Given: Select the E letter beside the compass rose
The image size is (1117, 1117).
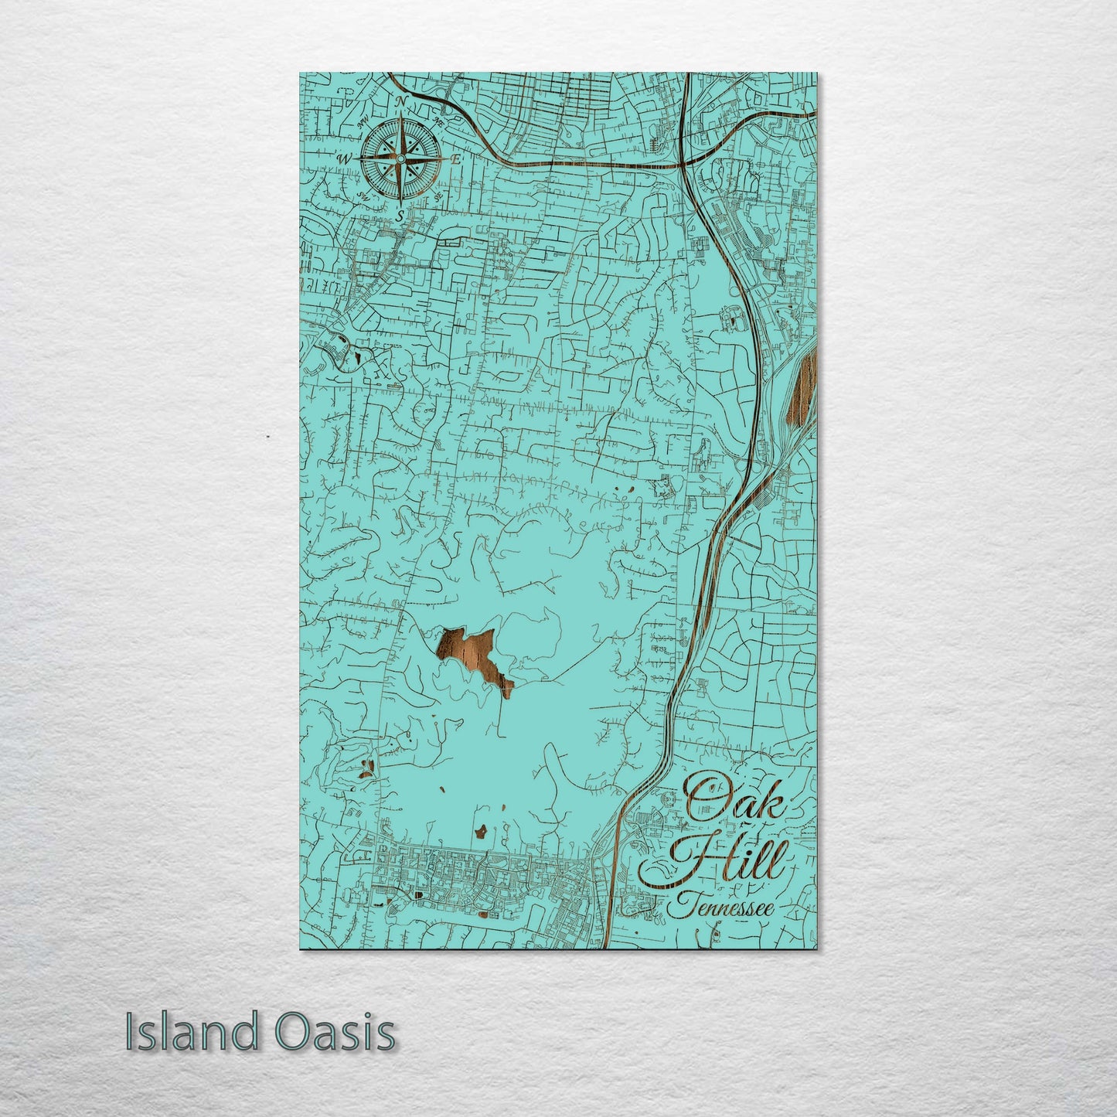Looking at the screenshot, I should tap(456, 158).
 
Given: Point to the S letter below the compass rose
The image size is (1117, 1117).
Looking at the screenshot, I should tap(400, 216).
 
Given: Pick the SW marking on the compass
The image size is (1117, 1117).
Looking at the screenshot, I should tap(363, 196).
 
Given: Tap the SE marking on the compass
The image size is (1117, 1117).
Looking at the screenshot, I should tap(438, 196).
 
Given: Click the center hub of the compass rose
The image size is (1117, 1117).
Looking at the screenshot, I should tap(400, 158).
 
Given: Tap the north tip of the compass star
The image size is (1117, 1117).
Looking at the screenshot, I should tap(400, 116).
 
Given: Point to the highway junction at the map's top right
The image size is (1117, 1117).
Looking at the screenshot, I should tap(684, 163).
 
